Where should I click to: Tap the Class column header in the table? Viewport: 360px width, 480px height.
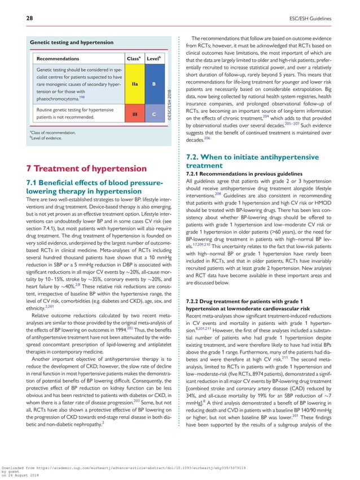(134, 58)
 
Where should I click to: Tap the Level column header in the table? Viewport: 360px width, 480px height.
(153, 58)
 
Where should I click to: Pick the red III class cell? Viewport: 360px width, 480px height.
(134, 115)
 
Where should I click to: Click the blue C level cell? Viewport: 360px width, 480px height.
(153, 115)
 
